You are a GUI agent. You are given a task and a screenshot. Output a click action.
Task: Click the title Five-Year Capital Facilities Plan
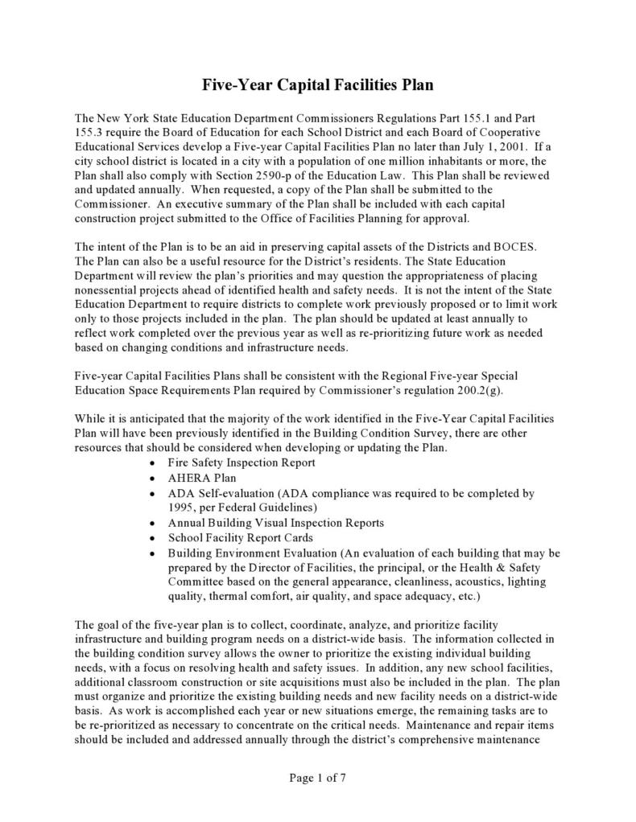[317, 84]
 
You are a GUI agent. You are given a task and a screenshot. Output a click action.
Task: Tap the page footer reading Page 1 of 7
[317, 778]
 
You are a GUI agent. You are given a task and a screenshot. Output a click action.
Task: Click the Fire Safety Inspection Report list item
[241, 463]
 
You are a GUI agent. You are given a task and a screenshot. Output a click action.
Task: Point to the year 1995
[184, 508]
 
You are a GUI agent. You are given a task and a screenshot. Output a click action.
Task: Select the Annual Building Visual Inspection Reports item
[275, 523]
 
